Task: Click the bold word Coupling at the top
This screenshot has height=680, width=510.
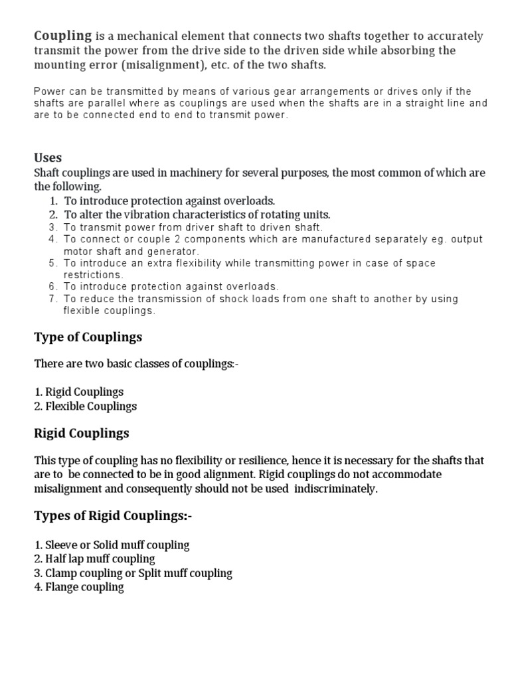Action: click(x=63, y=36)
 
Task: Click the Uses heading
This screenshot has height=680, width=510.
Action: click(x=48, y=157)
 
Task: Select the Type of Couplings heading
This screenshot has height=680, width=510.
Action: click(x=88, y=337)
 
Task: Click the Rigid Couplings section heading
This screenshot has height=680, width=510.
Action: click(x=81, y=434)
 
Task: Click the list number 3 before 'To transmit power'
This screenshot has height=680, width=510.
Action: click(x=54, y=227)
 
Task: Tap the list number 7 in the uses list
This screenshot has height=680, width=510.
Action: click(x=54, y=299)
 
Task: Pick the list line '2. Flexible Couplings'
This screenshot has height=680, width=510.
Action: click(x=85, y=406)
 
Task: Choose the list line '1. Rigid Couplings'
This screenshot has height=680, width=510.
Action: click(x=78, y=392)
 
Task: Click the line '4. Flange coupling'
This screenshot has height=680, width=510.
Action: click(x=78, y=587)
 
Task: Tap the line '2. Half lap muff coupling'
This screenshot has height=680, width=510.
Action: click(x=94, y=559)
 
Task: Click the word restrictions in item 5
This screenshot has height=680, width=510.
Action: click(x=93, y=275)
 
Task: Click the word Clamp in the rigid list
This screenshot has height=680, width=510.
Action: click(x=60, y=573)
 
